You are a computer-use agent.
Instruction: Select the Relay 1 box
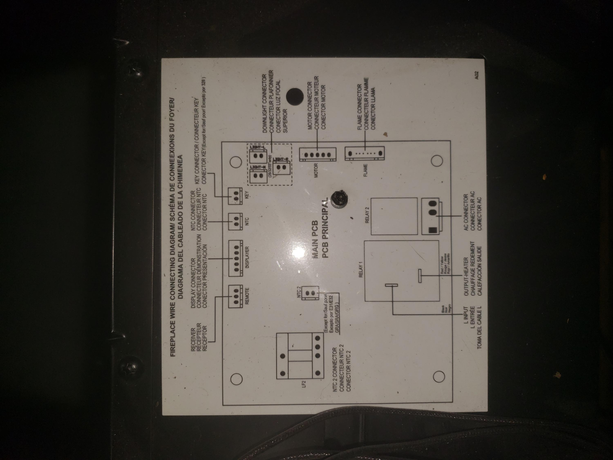click(401, 271)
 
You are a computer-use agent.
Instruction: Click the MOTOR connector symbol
click(318, 154)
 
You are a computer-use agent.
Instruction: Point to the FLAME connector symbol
click(365, 153)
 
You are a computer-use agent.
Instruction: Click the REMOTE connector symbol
click(236, 296)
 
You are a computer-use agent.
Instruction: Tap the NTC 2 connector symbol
click(310, 293)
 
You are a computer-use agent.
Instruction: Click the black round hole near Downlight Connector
click(295, 96)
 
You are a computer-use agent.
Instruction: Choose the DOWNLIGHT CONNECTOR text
click(264, 103)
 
